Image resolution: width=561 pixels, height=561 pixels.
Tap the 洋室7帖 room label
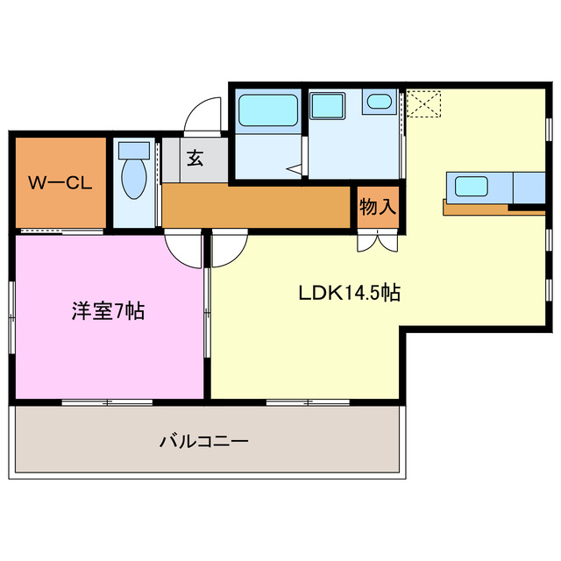pos(108,311)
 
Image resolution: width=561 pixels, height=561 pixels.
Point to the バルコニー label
pos(204,442)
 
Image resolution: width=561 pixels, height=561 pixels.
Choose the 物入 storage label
pos(378,207)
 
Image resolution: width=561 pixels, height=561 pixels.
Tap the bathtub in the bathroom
pos(267,110)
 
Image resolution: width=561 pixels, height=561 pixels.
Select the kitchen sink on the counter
pos(472,186)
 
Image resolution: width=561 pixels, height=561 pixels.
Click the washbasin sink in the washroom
pos(380,102)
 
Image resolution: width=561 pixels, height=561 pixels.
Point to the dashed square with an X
pos(424,103)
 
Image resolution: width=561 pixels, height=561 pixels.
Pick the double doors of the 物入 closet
pos(378,240)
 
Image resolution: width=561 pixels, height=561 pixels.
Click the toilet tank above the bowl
pos(134,149)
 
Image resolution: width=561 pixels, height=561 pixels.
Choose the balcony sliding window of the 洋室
pos(107,402)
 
